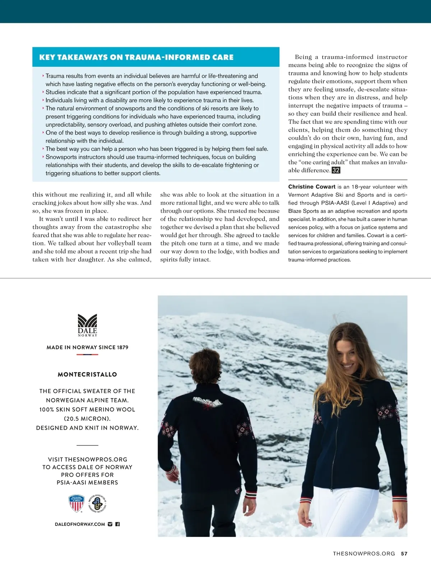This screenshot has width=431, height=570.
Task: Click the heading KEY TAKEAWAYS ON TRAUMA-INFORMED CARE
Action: click(136, 57)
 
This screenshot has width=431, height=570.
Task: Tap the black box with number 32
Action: click(336, 170)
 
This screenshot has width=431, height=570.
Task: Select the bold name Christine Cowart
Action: click(312, 187)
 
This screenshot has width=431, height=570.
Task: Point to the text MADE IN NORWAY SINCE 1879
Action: click(87, 347)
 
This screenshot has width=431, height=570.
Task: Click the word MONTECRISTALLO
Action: click(87, 374)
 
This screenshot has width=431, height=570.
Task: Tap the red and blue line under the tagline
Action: click(87, 355)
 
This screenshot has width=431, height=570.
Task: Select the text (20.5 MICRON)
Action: click(87, 419)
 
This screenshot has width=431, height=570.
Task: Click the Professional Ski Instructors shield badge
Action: click(76, 503)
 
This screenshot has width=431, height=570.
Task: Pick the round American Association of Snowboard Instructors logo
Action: click(97, 503)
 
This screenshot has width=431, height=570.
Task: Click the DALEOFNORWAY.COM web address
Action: click(80, 524)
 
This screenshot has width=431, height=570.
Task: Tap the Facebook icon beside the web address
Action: click(117, 524)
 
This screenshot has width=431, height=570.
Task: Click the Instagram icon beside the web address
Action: click(110, 524)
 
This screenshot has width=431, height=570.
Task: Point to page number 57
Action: click(404, 553)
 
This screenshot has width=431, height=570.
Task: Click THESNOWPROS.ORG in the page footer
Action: click(364, 553)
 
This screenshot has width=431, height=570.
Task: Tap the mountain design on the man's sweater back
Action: click(207, 402)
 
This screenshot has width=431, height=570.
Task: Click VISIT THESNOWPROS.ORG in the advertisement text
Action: click(87, 459)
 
